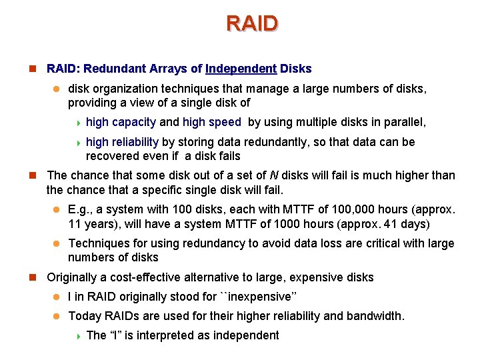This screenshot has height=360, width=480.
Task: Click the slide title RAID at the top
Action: [x=252, y=23]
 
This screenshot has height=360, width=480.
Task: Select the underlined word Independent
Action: [x=241, y=69]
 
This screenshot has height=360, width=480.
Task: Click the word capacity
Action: [x=133, y=122]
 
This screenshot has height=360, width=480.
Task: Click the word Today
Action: [x=84, y=316]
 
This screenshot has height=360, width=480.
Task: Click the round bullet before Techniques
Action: [x=57, y=244]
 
